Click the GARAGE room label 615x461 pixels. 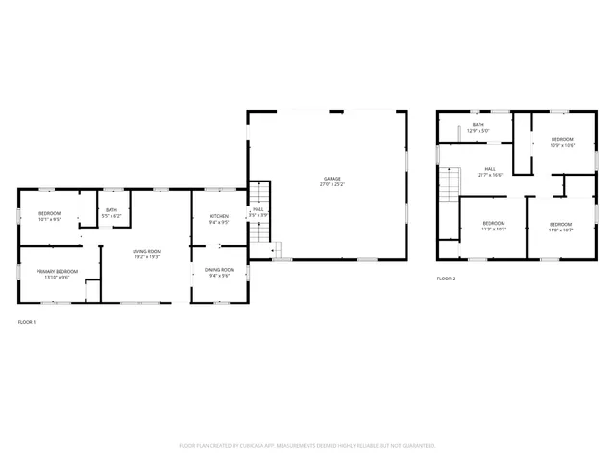click(x=332, y=179)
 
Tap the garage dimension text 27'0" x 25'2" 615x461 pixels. click(x=332, y=184)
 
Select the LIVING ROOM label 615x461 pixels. click(x=146, y=251)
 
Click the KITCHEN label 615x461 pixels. click(x=219, y=216)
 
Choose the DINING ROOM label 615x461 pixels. click(x=219, y=270)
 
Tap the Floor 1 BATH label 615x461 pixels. click(x=111, y=210)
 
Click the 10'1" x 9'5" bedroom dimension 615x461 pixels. click(x=49, y=219)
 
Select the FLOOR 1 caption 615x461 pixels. click(x=27, y=321)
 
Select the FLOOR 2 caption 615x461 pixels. click(x=446, y=279)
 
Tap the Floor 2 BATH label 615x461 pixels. click(x=478, y=125)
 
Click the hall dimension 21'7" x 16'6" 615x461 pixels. click(x=490, y=176)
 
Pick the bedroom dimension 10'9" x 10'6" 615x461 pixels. click(x=562, y=146)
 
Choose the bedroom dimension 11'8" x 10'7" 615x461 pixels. click(x=560, y=230)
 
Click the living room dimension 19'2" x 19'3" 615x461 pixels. click(x=146, y=256)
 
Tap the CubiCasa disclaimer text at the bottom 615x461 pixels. click(x=307, y=446)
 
